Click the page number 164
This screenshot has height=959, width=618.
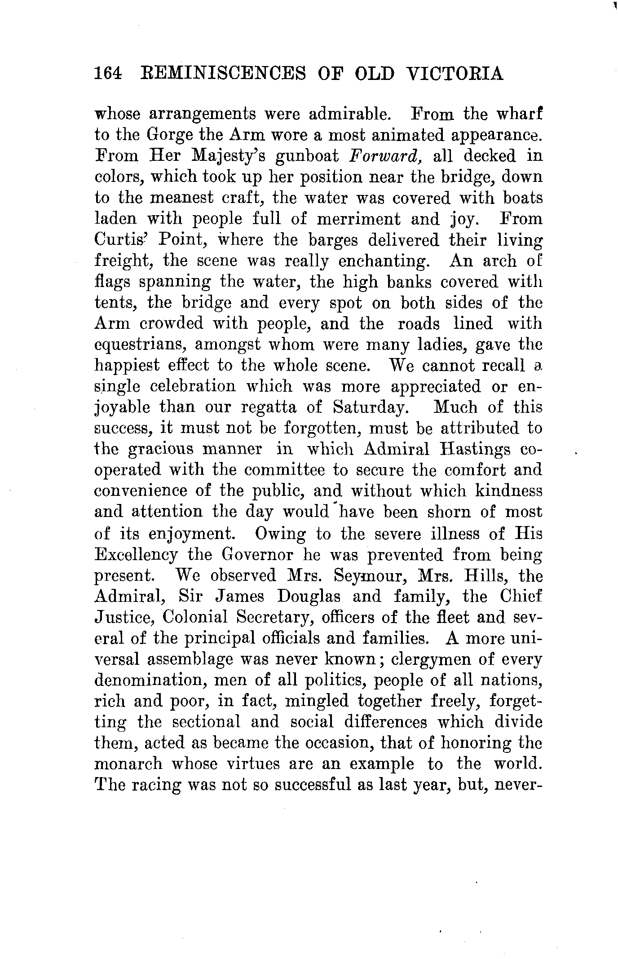108,74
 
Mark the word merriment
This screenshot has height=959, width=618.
358,219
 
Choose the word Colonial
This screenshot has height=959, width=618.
195,618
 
